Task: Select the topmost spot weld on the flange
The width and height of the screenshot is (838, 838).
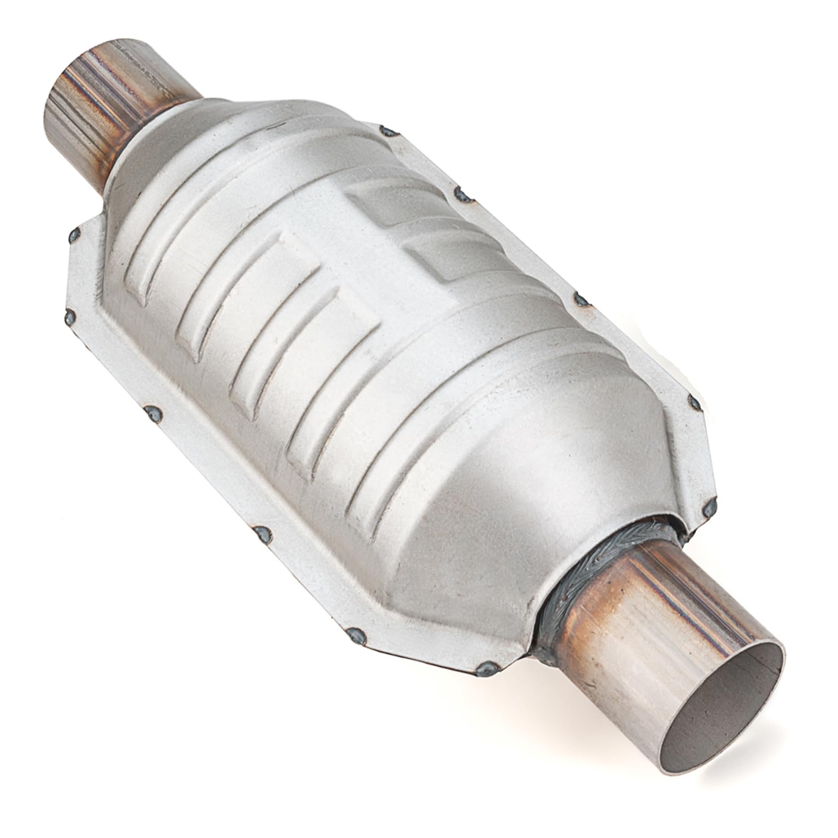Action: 387,129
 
